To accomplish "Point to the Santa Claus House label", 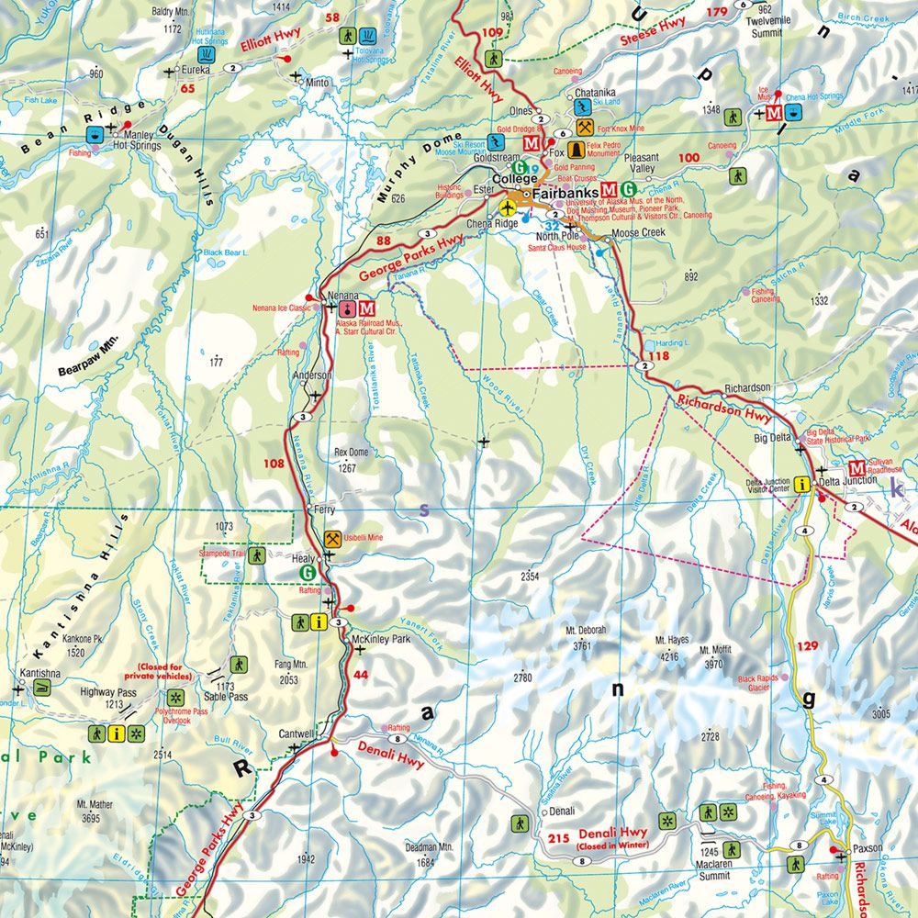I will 557,247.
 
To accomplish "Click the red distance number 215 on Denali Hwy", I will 559,837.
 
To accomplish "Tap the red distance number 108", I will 274,464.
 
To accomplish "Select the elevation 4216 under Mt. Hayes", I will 669,656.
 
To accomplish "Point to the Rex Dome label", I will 351,453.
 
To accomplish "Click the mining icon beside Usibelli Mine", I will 332,539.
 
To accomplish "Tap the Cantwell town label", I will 297,734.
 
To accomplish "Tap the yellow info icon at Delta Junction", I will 803,485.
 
